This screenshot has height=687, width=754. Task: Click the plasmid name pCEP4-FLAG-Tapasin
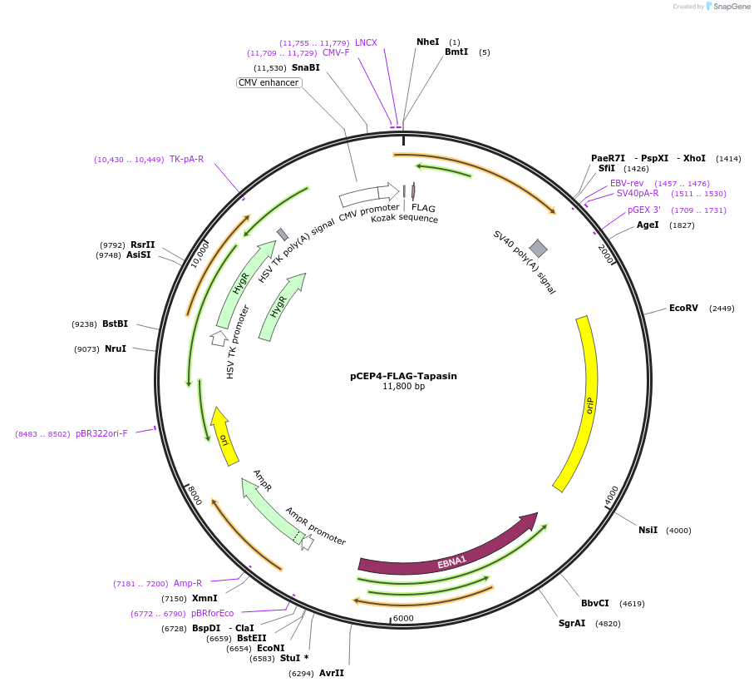pos(403,376)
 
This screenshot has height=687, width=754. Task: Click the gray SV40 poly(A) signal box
pos(539,248)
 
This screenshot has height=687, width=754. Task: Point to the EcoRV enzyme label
pos(683,309)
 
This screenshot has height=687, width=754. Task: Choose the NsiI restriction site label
pos(648,530)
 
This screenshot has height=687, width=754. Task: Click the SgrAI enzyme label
pos(572,623)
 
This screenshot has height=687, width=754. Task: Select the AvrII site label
pos(331,673)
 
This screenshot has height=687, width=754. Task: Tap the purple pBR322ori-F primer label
pos(101,433)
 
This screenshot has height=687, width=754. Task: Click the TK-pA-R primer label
pos(186,159)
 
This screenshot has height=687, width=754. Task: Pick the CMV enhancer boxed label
pos(269,82)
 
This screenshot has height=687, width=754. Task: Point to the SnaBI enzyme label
pos(305,67)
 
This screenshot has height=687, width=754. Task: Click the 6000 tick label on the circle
pos(403,618)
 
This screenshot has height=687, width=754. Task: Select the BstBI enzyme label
pos(116,324)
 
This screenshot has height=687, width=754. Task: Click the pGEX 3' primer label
pos(643,210)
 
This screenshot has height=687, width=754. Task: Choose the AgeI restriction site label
pos(648,225)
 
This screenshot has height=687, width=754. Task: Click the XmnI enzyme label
pos(205,598)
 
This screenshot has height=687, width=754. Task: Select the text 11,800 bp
pos(403,387)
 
